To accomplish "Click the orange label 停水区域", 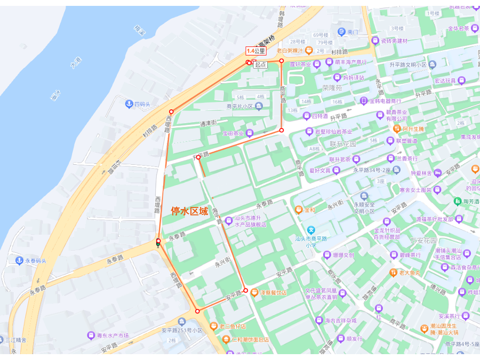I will [x=189, y=211].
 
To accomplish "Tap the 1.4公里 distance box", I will [x=256, y=51].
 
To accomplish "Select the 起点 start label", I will [x=260, y=65].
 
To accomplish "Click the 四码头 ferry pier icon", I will [x=129, y=103].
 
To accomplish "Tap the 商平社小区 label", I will [x=241, y=106].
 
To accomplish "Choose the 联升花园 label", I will [x=342, y=144].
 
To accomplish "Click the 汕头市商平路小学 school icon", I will [x=310, y=230].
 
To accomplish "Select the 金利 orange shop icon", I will [x=299, y=210].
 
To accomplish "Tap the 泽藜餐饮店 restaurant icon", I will [x=254, y=292].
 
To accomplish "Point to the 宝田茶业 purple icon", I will [x=250, y=133].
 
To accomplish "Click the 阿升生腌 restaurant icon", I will [x=397, y=129].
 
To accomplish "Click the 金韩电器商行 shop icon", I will [x=364, y=101].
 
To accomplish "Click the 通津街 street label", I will [x=208, y=123].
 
